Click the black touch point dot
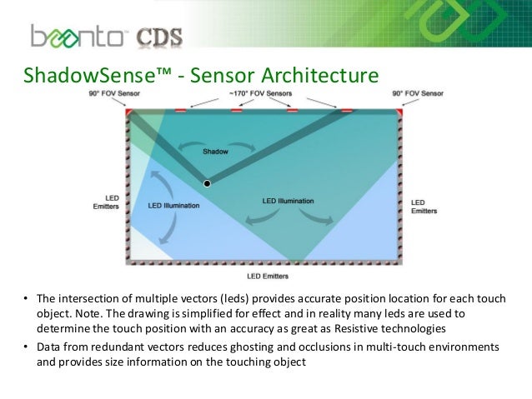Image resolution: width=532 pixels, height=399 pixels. click(x=207, y=182)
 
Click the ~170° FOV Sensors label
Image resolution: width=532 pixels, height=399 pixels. click(x=264, y=96)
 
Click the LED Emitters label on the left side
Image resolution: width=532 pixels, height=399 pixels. click(x=105, y=202)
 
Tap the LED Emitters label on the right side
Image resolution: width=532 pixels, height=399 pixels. click(x=424, y=206)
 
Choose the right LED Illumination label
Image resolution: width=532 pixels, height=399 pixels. click(x=288, y=201)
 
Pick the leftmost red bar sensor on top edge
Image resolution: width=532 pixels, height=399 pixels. click(x=180, y=110)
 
